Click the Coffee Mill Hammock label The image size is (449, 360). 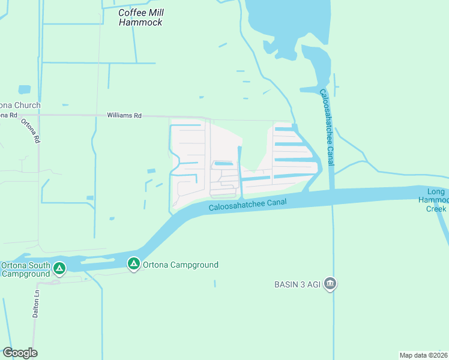140,17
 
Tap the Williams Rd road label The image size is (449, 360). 124,115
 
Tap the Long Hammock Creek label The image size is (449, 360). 436,200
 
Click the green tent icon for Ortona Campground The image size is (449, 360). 133,263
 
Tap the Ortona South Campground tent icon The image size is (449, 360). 59,268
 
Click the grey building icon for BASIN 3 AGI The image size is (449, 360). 330,284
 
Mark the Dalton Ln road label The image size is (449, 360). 35,308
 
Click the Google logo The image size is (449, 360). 20,353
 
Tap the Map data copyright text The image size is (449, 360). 423,355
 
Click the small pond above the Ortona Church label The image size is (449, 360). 24,89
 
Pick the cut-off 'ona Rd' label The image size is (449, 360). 8,115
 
